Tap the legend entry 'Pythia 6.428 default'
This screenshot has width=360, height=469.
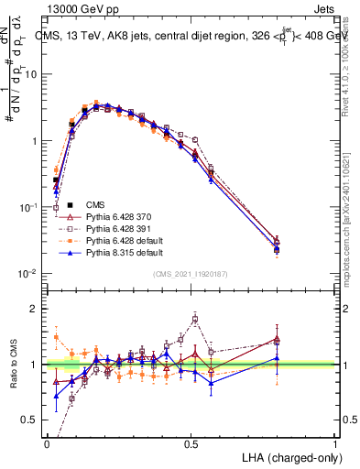coord(116,240)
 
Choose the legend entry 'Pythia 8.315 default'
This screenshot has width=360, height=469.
coord(116,252)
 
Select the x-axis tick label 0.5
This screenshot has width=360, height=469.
coord(191,443)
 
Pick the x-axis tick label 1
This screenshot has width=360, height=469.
coord(335,443)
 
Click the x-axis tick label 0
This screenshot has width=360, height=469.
coord(46,443)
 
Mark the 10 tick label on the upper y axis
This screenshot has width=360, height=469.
coord(33,75)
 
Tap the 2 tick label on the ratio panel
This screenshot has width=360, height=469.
coord(37,310)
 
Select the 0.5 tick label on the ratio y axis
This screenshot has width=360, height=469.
coord(32,420)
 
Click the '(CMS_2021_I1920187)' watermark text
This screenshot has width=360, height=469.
coord(191,272)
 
